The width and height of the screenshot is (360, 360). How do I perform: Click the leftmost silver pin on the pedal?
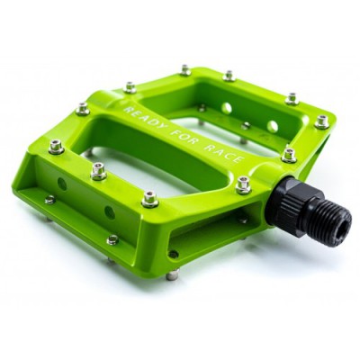(x=56, y=147)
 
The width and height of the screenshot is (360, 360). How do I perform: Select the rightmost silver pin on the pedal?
(x=322, y=121)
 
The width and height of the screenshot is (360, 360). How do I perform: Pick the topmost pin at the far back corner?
(x=185, y=69)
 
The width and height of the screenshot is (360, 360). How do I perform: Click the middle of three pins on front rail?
(x=98, y=170)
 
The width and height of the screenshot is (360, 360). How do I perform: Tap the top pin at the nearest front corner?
(x=150, y=198)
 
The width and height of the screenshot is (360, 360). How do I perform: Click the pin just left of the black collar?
(x=244, y=184)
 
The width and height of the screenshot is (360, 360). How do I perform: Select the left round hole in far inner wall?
(x=227, y=108)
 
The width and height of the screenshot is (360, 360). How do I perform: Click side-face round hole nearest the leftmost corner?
(x=62, y=184)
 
